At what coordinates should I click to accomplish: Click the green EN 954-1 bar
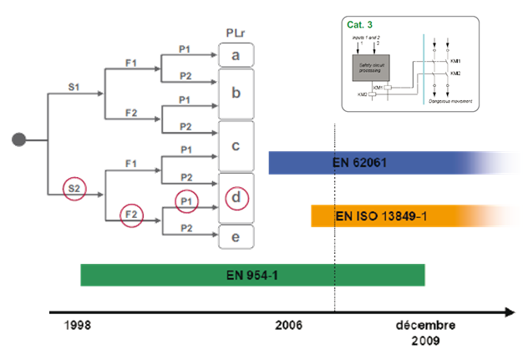pyautogui.click(x=252, y=275)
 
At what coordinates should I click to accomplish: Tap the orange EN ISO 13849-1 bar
pyautogui.click(x=393, y=216)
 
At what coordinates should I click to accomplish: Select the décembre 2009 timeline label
pyautogui.click(x=424, y=333)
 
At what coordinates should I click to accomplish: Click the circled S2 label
pyautogui.click(x=74, y=190)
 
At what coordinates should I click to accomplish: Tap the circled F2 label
pyautogui.click(x=131, y=215)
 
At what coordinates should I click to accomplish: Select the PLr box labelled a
pyautogui.click(x=236, y=56)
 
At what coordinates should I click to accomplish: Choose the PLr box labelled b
pyautogui.click(x=236, y=92)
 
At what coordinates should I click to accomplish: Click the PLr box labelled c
pyautogui.click(x=236, y=145)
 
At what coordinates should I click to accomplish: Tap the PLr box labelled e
pyautogui.click(x=236, y=237)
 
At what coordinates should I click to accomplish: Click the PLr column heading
pyautogui.click(x=236, y=33)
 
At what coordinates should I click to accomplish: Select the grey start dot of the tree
pyautogui.click(x=18, y=139)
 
